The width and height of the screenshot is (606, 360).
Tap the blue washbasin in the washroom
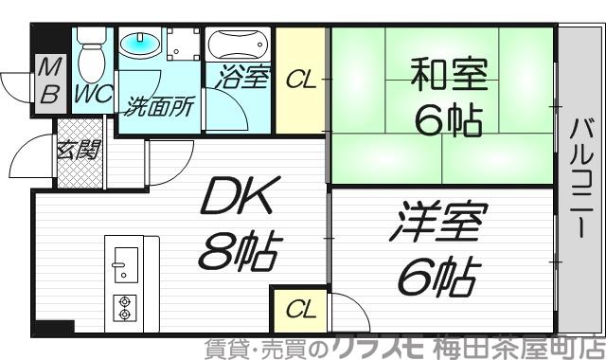(139, 45)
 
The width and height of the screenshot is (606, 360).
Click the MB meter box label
(47, 81)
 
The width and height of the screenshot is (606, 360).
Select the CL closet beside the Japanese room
(301, 81)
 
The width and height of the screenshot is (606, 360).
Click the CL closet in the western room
(298, 310)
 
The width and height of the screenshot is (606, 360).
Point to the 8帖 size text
(239, 254)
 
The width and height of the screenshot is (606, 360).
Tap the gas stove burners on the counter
(123, 306)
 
